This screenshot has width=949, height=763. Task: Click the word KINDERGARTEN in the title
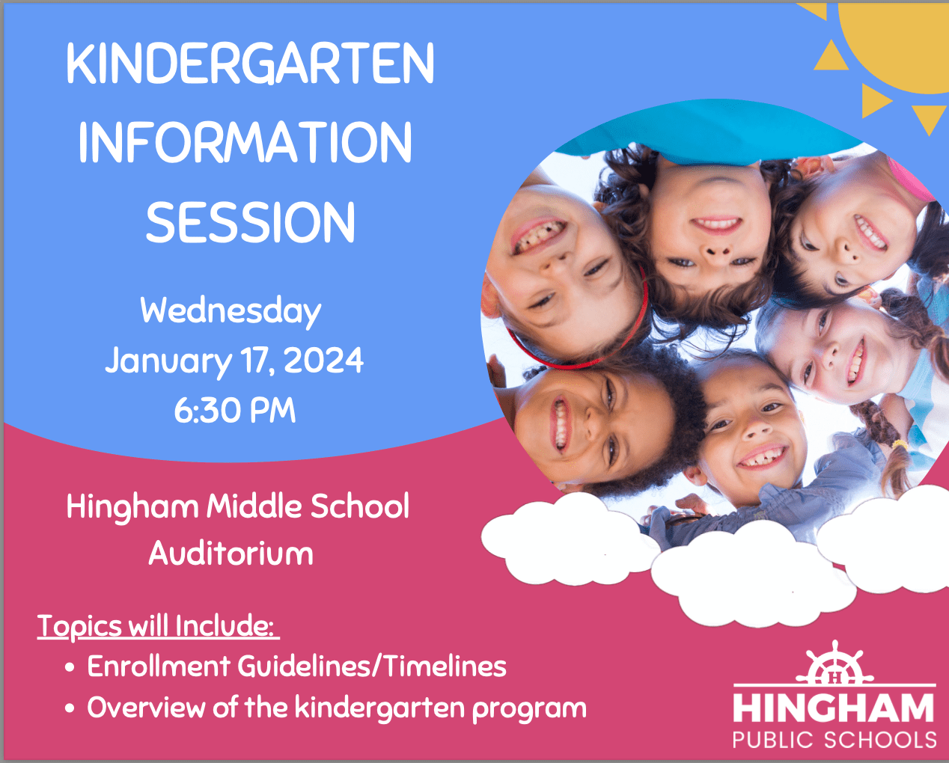(250, 64)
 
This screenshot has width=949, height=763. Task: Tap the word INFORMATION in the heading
(245, 144)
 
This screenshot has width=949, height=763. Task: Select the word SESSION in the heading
(250, 223)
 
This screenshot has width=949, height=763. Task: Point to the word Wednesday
(231, 311)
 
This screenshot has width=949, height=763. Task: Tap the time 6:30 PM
(235, 411)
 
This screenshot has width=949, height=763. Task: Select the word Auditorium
(231, 554)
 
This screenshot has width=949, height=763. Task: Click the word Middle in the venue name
(254, 506)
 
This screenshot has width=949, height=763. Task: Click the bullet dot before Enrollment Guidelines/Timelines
(70, 667)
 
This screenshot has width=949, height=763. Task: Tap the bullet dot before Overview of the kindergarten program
(70, 708)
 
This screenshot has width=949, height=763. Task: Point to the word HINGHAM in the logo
(834, 708)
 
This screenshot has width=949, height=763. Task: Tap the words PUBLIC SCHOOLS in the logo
(834, 741)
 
